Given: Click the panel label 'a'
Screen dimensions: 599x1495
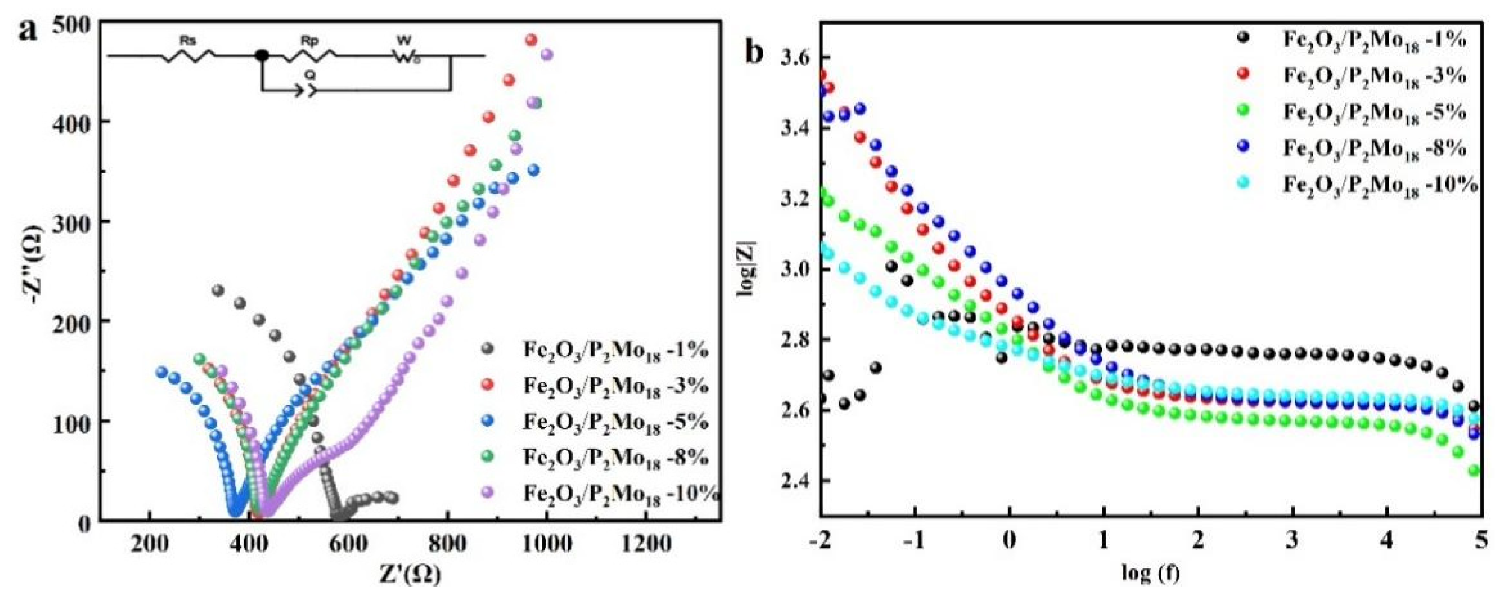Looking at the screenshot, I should [27, 29].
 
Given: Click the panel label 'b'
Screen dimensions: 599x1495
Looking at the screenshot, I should [755, 53].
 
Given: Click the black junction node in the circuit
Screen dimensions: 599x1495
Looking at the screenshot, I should [262, 56].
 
